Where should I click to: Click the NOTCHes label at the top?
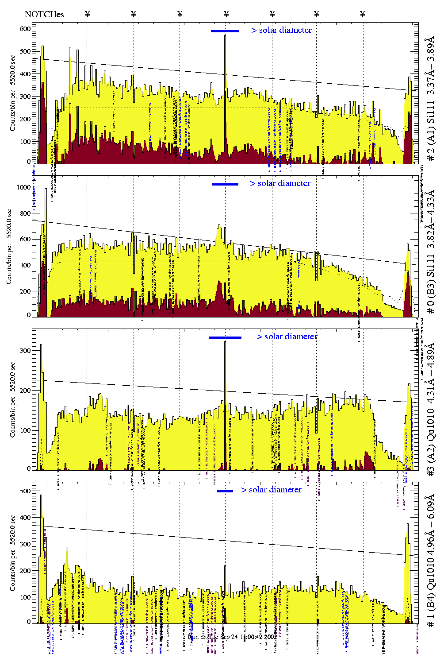click(x=44, y=15)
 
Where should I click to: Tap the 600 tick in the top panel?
click(x=25, y=29)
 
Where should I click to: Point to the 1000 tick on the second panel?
click(x=23, y=187)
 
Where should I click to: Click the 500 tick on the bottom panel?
click(x=26, y=491)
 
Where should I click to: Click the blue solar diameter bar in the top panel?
click(x=225, y=31)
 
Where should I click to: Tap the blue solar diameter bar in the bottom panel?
click(x=225, y=491)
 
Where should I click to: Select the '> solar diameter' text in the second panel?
click(x=280, y=183)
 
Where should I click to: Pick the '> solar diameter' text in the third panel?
click(x=287, y=337)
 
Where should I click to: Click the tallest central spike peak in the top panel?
click(x=225, y=35)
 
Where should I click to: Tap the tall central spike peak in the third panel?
click(x=225, y=342)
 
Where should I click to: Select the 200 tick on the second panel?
click(x=25, y=291)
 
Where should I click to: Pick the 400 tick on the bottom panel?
click(x=26, y=518)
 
